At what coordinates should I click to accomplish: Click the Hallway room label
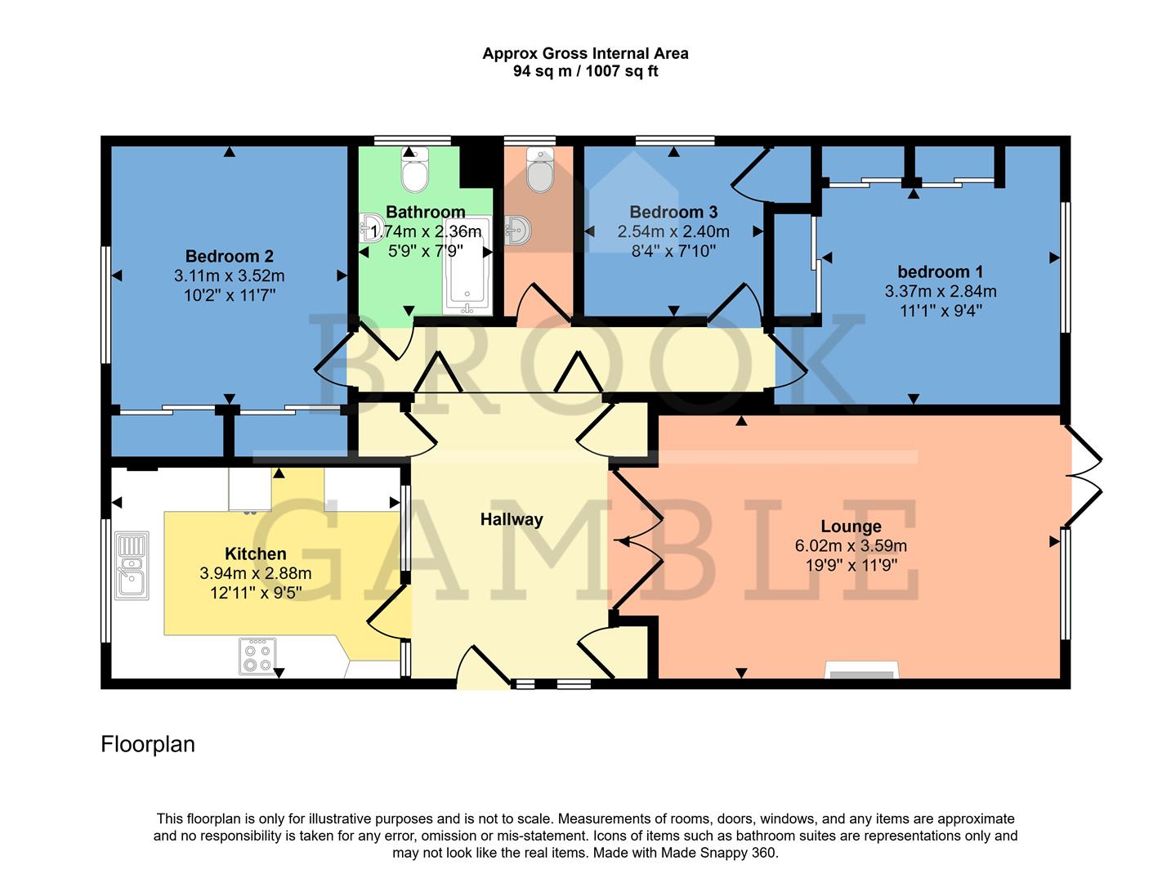[511, 519]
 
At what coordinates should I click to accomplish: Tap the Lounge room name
[851, 527]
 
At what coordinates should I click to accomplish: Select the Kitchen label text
[255, 554]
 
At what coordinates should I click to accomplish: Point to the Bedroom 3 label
[673, 212]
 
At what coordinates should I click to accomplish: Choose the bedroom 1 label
[940, 271]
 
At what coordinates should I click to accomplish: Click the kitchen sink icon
[132, 566]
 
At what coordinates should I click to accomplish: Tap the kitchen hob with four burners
[257, 656]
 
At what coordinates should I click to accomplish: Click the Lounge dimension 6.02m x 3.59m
[851, 545]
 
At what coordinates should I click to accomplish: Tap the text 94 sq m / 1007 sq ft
[585, 71]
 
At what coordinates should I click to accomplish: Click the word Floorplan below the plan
[148, 744]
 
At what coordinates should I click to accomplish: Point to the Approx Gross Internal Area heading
[585, 53]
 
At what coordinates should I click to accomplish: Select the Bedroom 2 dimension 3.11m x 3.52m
[229, 276]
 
